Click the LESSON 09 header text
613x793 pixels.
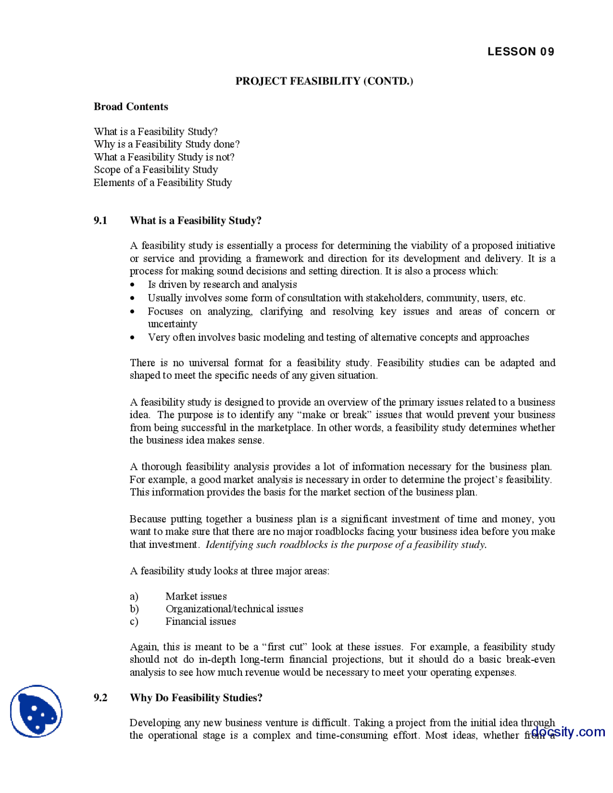pyautogui.click(x=521, y=52)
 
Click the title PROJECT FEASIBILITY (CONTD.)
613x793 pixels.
pyautogui.click(x=324, y=81)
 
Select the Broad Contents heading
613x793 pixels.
pyautogui.click(x=131, y=107)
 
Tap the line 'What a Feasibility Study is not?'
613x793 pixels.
pyautogui.click(x=164, y=157)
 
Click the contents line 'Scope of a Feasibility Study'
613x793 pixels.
pyautogui.click(x=156, y=170)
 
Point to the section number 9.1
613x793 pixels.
pyautogui.click(x=100, y=221)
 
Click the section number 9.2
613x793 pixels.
pyautogui.click(x=100, y=698)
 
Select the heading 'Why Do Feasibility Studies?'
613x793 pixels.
pyautogui.click(x=196, y=698)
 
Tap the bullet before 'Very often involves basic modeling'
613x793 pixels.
pyautogui.click(x=133, y=338)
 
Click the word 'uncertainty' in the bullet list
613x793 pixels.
pyautogui.click(x=172, y=324)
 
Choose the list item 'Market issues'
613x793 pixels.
pyautogui.click(x=196, y=596)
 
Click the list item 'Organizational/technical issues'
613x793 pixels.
pyautogui.click(x=234, y=609)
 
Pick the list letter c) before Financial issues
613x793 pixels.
pyautogui.click(x=134, y=622)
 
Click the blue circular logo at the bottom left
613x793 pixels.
pyautogui.click(x=36, y=711)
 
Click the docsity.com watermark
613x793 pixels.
pyautogui.click(x=568, y=732)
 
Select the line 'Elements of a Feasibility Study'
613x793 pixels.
pyautogui.click(x=162, y=182)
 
